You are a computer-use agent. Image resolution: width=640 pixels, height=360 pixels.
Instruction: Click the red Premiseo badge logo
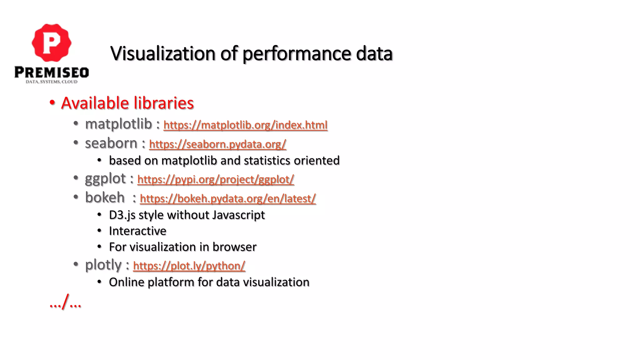tap(52, 42)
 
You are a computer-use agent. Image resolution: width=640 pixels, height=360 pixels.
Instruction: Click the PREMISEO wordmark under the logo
tap(52, 72)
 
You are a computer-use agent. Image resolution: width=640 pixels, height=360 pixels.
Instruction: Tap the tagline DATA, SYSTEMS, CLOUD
tap(52, 82)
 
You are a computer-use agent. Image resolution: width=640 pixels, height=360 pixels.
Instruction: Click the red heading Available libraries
tap(127, 103)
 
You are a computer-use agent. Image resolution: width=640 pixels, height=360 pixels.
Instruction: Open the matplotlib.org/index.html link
tap(245, 125)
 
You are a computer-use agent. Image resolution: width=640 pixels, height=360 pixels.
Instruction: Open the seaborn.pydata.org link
tap(217, 144)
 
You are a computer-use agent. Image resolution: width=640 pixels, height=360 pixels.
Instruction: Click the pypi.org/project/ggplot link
tap(216, 179)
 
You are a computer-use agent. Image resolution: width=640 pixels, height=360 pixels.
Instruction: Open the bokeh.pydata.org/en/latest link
tap(228, 198)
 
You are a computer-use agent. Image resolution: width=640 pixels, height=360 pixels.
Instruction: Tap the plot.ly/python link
tap(189, 266)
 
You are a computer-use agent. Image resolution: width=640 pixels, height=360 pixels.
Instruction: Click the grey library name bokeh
tap(105, 197)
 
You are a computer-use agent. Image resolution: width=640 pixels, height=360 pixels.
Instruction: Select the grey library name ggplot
tap(105, 179)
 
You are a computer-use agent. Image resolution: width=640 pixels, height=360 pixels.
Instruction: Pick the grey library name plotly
tap(103, 265)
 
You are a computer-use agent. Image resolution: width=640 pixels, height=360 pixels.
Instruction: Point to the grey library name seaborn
tap(111, 143)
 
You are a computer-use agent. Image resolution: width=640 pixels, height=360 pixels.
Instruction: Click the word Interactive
tap(137, 231)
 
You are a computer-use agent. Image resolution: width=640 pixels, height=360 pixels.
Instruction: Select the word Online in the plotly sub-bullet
tap(126, 282)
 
